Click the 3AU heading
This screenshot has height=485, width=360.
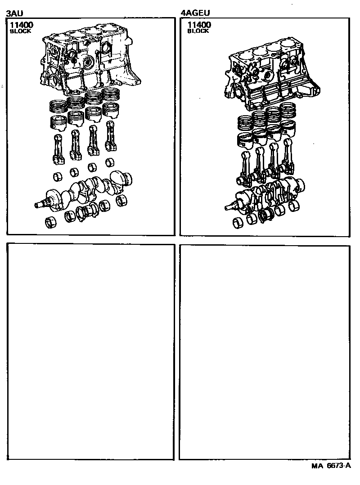(14, 13)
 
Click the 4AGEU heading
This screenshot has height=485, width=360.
(195, 13)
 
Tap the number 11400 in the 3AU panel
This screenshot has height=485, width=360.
(21, 25)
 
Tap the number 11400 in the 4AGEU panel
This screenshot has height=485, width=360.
(199, 25)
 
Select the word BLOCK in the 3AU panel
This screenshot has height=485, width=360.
(20, 31)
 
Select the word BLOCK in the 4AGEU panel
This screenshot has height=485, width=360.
(198, 31)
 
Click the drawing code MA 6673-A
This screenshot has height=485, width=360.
(331, 466)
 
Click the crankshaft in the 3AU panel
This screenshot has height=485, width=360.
(84, 192)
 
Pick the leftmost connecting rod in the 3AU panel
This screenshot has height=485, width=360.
(58, 149)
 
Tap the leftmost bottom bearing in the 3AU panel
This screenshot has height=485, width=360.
(51, 223)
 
